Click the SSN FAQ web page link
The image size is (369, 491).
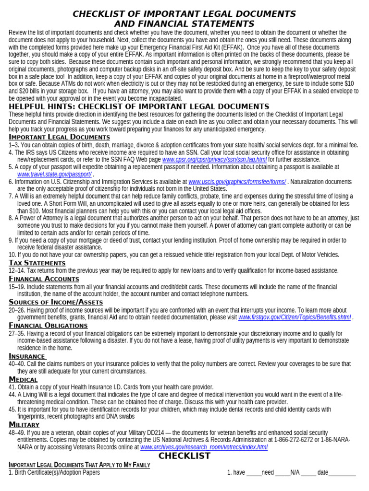(x=214, y=159)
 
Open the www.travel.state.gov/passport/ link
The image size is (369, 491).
(x=54, y=174)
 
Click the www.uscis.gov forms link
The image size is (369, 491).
(x=237, y=182)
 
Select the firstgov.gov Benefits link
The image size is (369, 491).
(x=295, y=317)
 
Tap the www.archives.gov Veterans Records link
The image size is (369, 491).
(x=204, y=447)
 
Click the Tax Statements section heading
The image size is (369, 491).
(x=37, y=263)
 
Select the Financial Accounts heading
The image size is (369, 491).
(x=44, y=279)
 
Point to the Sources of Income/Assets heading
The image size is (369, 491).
(x=56, y=302)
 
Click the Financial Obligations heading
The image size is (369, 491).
(x=48, y=325)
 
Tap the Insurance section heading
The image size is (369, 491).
(x=27, y=356)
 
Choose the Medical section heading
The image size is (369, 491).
(x=23, y=379)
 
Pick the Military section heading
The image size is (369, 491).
(x=24, y=424)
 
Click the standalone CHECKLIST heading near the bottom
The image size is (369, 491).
(x=184, y=456)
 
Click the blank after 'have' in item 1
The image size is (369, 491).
(x=254, y=473)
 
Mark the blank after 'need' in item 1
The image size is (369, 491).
(x=283, y=473)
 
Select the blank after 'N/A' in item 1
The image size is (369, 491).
(x=308, y=473)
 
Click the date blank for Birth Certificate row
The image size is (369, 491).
(x=342, y=473)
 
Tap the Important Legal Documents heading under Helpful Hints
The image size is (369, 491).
(x=59, y=137)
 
